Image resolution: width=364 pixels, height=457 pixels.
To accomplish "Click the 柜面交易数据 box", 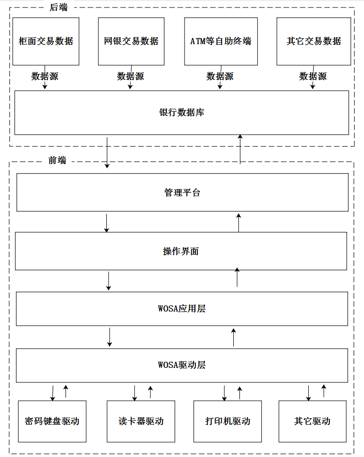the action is pos(46,41).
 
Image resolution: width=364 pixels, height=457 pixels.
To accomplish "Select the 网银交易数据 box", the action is pos(131,41).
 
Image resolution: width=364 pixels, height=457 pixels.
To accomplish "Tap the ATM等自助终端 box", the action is pos(221,41).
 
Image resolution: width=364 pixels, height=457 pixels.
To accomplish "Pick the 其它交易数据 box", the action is pos(314,41).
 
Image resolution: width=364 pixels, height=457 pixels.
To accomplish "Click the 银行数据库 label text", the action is pos(182,112).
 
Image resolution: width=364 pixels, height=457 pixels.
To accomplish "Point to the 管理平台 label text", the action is pos(182,192).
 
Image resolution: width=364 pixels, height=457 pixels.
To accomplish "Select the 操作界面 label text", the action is pos(181,251).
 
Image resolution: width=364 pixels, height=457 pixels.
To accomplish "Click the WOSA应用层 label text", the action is pos(182,308).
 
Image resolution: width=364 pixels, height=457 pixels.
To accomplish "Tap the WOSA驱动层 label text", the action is pos(182,365).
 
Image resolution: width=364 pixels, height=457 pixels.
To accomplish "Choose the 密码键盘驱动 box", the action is pos(52,421).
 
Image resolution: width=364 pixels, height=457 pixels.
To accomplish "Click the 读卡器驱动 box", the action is pos(141,421).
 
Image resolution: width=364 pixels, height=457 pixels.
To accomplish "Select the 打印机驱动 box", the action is pos(228,421).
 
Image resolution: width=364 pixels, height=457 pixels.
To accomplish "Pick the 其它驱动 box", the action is pos(312,421).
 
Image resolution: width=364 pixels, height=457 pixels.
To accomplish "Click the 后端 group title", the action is pos(59,8).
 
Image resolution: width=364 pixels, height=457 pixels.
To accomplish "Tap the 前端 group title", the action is pos(57,160).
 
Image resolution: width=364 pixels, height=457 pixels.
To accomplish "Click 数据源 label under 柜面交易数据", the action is pos(45,76).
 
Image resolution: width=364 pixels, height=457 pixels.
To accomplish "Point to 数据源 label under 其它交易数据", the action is pos(313,76).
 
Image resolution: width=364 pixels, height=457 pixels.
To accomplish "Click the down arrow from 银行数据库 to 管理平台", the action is pos(107,152).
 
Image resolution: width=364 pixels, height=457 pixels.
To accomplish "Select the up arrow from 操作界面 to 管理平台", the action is pos(238,223).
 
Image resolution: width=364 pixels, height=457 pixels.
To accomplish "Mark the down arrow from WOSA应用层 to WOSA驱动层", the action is pos(110,337).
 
